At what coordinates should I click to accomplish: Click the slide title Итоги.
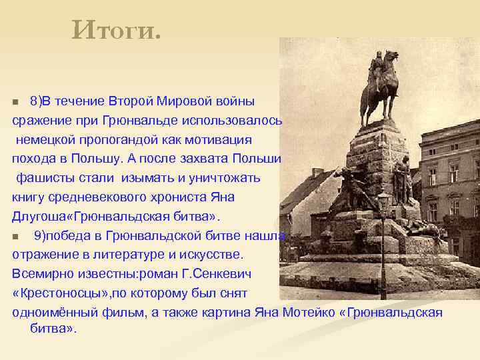click(x=117, y=29)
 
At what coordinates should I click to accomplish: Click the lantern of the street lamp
click(x=383, y=201)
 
